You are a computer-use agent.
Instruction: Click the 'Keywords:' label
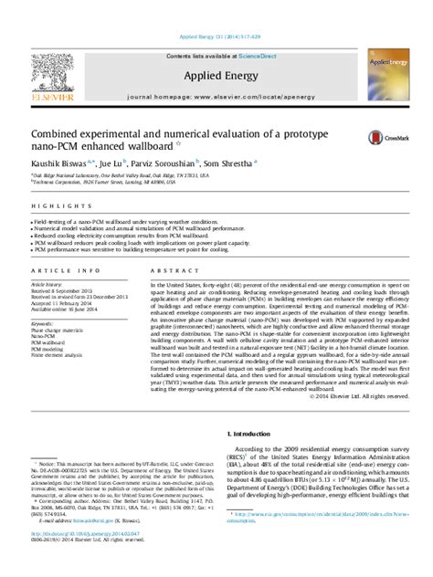(44, 324)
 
